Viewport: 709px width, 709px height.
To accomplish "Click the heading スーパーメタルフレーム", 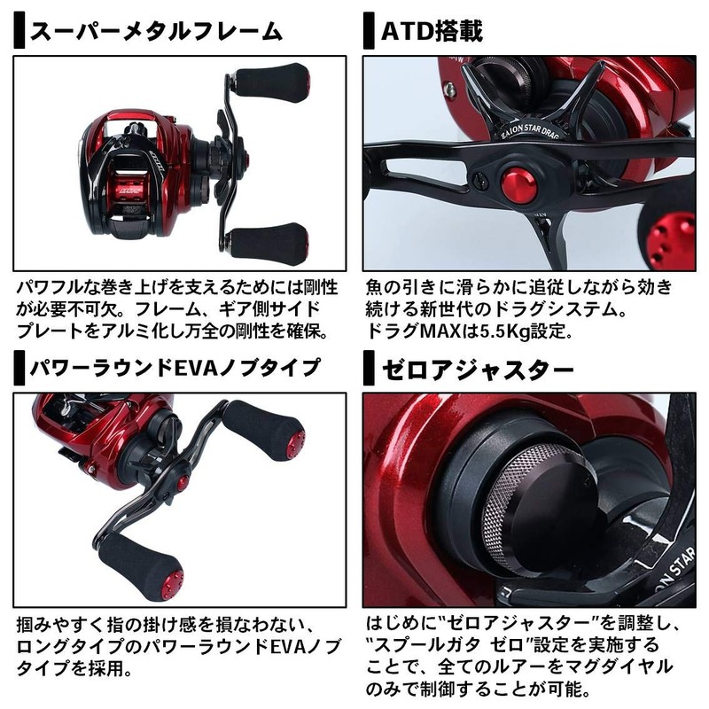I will tap(155, 33).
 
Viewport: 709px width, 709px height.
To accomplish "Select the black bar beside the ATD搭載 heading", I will tap(368, 33).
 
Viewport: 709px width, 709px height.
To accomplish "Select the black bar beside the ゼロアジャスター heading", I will tap(368, 367).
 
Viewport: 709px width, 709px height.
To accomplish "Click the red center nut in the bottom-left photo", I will tap(182, 483).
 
